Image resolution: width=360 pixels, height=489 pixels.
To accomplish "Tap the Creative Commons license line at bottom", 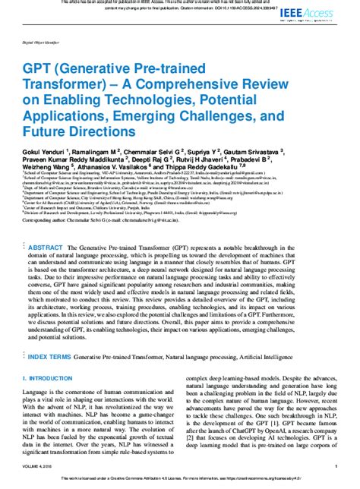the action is pyautogui.click(x=180, y=482).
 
